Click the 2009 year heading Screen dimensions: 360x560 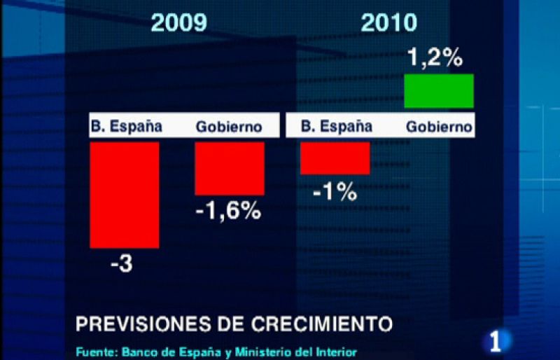tap(180, 23)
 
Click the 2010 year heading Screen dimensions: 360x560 tap(389, 23)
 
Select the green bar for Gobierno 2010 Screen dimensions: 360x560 tap(439, 91)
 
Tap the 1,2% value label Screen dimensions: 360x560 tap(435, 58)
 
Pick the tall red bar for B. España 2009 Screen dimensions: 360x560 tap(125, 195)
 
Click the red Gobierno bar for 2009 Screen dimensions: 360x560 tap(230, 168)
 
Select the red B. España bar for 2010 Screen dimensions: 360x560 tap(335, 158)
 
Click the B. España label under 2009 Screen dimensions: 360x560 tap(126, 127)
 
